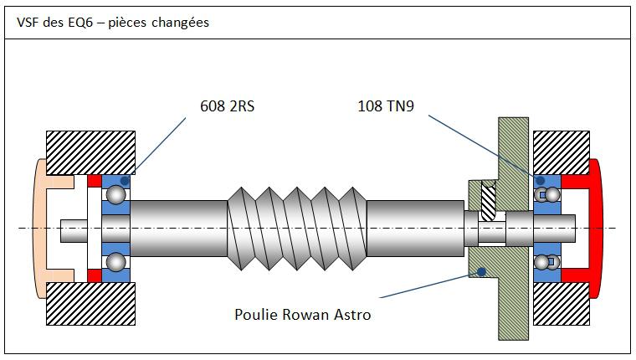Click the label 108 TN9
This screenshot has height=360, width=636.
[386, 106]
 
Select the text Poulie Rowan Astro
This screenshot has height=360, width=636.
[302, 315]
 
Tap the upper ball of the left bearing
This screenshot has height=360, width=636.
[115, 194]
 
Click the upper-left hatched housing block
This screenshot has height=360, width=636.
[91, 152]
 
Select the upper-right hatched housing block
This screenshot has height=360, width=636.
[561, 152]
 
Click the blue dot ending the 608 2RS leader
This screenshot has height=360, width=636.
[125, 180]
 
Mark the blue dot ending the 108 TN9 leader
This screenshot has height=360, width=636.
[540, 180]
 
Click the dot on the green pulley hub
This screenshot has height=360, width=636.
[480, 270]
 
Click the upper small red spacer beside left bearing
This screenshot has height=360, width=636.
[95, 181]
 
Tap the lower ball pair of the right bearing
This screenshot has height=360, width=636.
[547, 262]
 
